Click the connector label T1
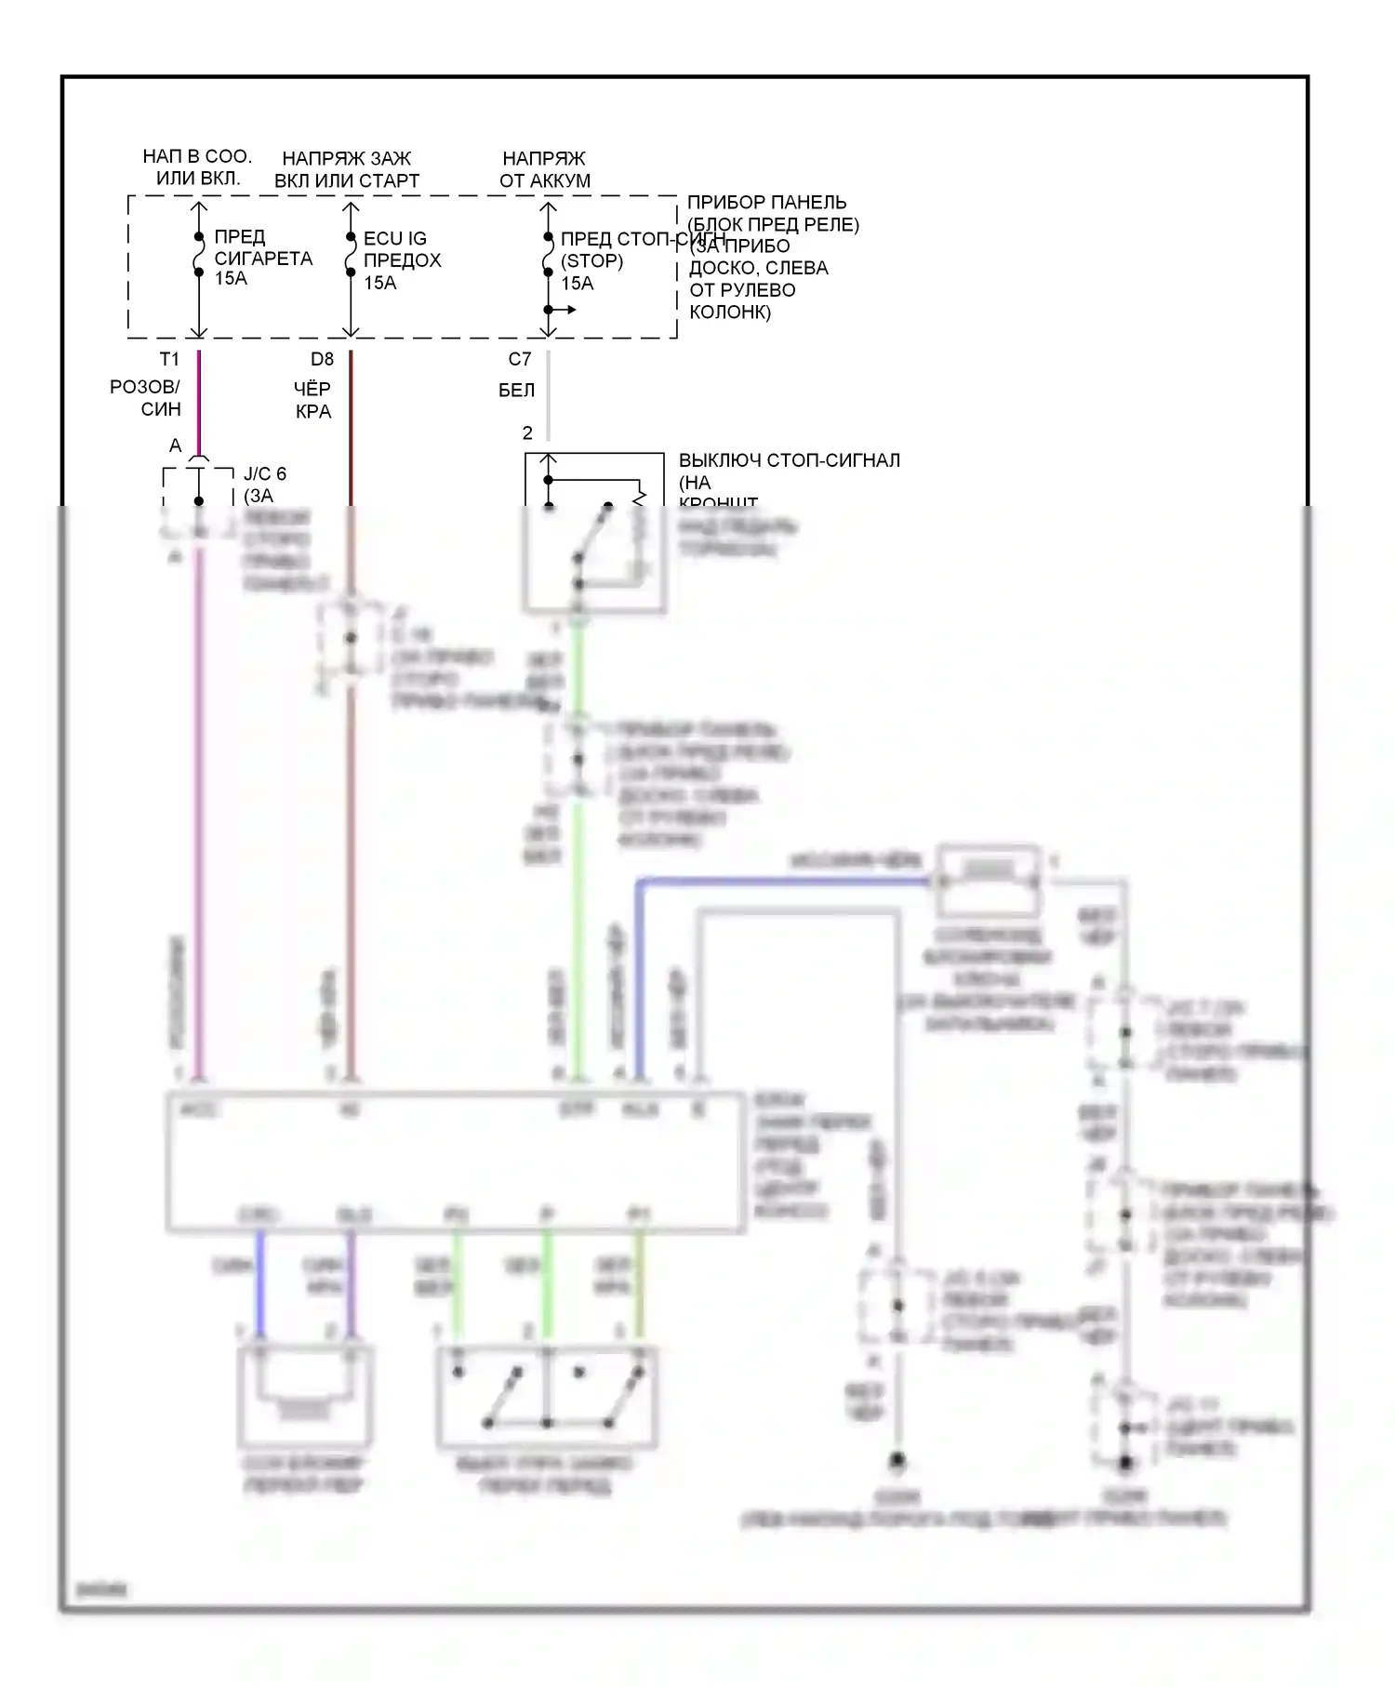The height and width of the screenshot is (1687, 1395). (x=169, y=359)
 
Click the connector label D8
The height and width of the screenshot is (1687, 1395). (x=322, y=359)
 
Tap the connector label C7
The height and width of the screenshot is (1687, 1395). (x=520, y=359)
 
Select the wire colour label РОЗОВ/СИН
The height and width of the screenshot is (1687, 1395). (x=145, y=398)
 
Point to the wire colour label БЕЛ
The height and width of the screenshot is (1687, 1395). (x=516, y=391)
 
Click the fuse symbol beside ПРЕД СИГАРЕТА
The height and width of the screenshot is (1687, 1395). (x=198, y=255)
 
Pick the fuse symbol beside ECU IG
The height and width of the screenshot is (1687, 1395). (x=351, y=255)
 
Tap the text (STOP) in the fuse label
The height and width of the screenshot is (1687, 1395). (x=591, y=261)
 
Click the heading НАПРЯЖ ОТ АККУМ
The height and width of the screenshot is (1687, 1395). (x=544, y=169)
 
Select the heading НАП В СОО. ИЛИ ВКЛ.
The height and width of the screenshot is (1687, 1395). (x=197, y=167)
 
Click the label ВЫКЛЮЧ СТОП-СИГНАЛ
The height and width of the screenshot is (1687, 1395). (x=789, y=460)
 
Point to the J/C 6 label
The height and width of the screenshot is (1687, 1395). (x=265, y=474)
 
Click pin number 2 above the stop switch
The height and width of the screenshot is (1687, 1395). (x=527, y=432)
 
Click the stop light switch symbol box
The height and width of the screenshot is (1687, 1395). (x=594, y=533)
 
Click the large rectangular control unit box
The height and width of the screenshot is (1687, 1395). (x=455, y=1162)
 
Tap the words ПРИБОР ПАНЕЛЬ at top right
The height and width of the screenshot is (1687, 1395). (x=766, y=203)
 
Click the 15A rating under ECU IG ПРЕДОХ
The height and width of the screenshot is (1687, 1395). (x=379, y=283)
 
